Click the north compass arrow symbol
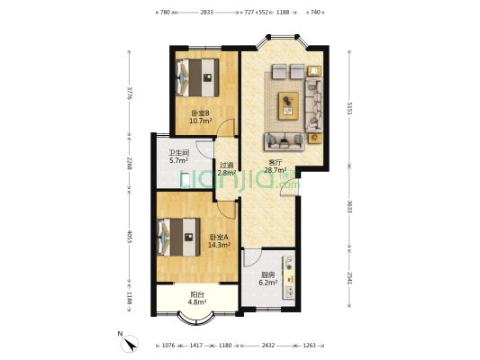(x=130, y=343)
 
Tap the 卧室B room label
(x=200, y=113)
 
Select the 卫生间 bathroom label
(x=179, y=152)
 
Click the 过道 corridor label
(x=227, y=165)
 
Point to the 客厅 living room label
(x=276, y=162)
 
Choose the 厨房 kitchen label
(x=267, y=275)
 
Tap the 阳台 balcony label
(x=197, y=294)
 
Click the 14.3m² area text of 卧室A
(x=219, y=245)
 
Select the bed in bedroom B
(x=197, y=77)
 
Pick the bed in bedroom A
(x=179, y=237)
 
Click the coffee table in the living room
(x=288, y=106)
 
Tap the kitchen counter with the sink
(x=289, y=277)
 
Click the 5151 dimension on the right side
(x=349, y=108)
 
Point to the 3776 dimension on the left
(x=130, y=93)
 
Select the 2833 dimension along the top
(x=206, y=13)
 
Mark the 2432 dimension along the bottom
(x=267, y=346)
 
